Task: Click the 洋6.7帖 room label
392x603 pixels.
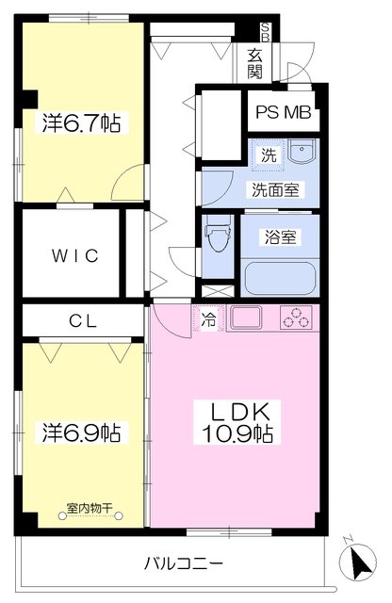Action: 82,122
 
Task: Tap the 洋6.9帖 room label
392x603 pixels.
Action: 82,432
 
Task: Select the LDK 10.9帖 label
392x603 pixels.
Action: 237,423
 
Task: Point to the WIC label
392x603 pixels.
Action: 75,255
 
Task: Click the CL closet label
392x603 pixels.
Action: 83,320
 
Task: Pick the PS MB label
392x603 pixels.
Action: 284,112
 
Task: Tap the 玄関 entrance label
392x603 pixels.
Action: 254,63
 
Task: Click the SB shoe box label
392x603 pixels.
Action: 266,32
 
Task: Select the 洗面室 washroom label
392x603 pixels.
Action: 275,190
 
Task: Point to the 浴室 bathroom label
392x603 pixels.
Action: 280,236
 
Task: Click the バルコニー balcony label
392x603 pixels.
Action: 184,564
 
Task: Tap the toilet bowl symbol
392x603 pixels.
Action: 219,233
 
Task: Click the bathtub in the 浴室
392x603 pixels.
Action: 280,278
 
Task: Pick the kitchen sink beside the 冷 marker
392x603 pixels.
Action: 245,318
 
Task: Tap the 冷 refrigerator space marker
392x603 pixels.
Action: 209,318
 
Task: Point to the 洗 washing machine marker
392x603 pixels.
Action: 269,155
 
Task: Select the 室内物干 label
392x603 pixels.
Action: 90,509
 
